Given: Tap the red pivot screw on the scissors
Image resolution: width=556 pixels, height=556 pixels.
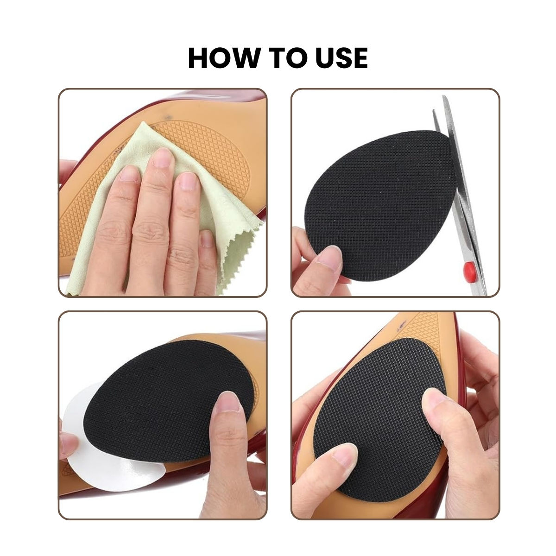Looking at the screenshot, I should (467, 269).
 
